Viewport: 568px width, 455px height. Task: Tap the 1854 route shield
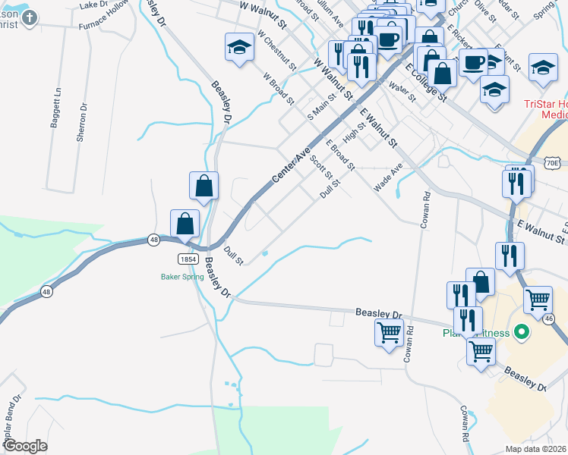pyautogui.click(x=189, y=259)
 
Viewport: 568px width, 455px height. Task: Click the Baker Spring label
pyautogui.click(x=182, y=277)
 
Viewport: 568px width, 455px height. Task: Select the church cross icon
pyautogui.click(x=30, y=17)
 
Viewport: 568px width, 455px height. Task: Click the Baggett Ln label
pyautogui.click(x=55, y=108)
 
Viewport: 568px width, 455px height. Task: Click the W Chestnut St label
pyautogui.click(x=276, y=51)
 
